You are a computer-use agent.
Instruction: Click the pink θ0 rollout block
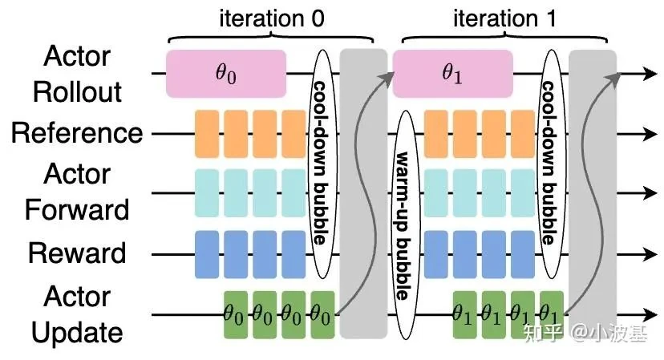click(x=226, y=74)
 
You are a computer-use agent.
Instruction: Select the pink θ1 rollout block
click(x=453, y=74)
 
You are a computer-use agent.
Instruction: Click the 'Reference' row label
click(x=77, y=133)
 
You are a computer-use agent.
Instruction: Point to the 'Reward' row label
click(x=77, y=253)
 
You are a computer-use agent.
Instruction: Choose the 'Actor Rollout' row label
click(x=77, y=74)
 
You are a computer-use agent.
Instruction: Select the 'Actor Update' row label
click(x=77, y=313)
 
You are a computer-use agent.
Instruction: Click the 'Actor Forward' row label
click(x=77, y=192)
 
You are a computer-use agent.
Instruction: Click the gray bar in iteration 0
click(x=363, y=192)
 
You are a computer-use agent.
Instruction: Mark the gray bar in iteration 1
click(x=593, y=192)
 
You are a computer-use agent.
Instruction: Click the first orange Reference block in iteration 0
click(x=207, y=133)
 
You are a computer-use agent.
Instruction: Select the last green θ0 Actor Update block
click(x=322, y=313)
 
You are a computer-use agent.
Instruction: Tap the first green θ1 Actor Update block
click(x=464, y=313)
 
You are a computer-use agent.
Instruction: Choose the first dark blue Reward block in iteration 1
click(x=435, y=253)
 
